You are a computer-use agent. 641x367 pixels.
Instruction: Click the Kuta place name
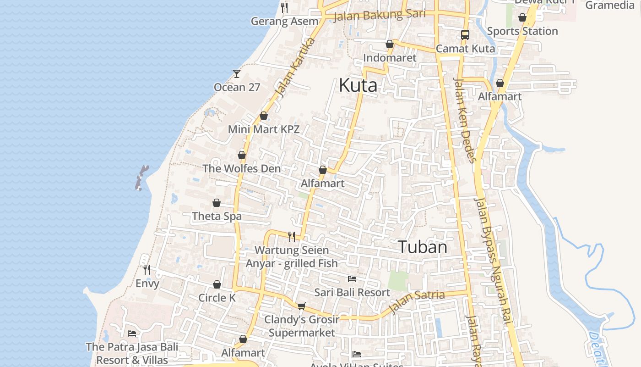358,86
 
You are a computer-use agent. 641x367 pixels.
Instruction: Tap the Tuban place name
422,247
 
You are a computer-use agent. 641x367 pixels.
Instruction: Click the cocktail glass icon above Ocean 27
236,73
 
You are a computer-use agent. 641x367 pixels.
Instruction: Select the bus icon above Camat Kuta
465,35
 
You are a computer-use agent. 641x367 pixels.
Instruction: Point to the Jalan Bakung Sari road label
380,15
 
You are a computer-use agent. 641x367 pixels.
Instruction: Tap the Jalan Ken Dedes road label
465,120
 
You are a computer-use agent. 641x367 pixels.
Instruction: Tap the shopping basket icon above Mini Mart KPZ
263,116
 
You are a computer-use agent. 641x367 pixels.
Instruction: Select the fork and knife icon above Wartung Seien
292,236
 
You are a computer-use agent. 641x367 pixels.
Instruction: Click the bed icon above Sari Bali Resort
352,279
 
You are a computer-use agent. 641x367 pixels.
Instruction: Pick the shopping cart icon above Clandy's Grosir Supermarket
301,306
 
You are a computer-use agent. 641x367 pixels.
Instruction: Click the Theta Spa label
217,216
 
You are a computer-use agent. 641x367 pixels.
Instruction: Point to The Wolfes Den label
241,168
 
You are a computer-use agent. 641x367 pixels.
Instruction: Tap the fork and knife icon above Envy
147,269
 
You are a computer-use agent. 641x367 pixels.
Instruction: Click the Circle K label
217,298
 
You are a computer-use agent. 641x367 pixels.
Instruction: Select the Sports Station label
522,31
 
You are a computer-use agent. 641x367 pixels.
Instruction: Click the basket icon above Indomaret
389,44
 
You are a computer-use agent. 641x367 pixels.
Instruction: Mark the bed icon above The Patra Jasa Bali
132,333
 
